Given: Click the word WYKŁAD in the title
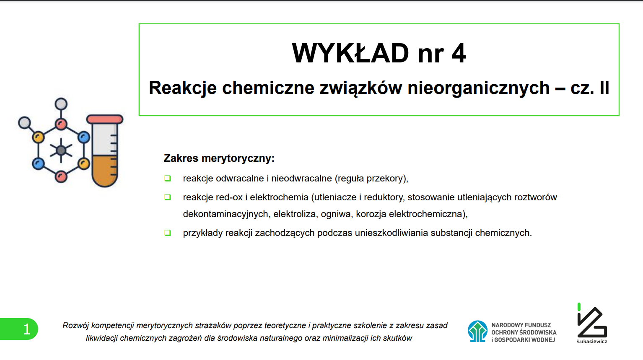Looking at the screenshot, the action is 350,53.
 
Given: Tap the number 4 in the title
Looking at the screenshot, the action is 459,53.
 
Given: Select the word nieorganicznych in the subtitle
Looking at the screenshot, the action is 478,88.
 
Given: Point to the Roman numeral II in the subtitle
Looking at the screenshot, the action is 604,88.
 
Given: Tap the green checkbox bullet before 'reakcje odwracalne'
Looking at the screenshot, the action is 168,179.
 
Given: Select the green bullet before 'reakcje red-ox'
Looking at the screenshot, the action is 168,197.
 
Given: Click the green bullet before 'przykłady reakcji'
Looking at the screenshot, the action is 168,233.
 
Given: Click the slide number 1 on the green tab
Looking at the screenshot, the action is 27,329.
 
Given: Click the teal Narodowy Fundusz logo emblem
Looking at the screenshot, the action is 477,331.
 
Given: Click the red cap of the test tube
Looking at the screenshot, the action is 105,119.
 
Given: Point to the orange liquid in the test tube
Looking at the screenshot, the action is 105,171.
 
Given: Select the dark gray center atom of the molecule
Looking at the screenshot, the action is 61,150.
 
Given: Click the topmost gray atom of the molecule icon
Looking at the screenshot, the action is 61,104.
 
